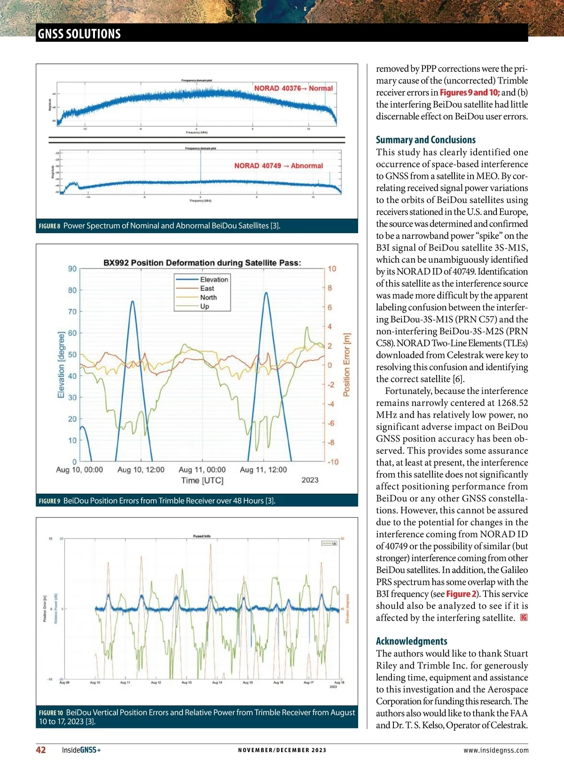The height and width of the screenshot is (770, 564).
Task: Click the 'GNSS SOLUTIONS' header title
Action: [x=79, y=34]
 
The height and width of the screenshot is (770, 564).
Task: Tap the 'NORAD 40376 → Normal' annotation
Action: [x=293, y=88]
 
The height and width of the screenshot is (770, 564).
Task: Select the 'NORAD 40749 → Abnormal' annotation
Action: [x=279, y=166]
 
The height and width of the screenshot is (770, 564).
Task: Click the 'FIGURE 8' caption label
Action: [x=49, y=226]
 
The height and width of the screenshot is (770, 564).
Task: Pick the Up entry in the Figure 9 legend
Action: [x=204, y=306]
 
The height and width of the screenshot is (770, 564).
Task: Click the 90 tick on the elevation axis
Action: [x=72, y=269]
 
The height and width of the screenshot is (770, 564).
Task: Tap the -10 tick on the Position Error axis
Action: [x=333, y=462]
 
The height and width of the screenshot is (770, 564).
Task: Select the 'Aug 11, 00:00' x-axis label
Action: [x=202, y=470]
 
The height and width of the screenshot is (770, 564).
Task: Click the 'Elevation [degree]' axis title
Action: [x=61, y=365]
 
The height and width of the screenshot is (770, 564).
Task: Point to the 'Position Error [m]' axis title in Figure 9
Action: [x=347, y=365]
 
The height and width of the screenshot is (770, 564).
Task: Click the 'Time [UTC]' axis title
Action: [x=202, y=480]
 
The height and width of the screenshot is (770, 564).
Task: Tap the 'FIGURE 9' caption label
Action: [x=49, y=501]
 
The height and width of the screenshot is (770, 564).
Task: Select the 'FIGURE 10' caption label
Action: [x=51, y=713]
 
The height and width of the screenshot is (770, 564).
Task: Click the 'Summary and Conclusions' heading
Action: [x=425, y=140]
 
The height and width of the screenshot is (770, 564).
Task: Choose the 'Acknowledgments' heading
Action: [x=411, y=641]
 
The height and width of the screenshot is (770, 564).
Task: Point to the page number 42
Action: [x=41, y=750]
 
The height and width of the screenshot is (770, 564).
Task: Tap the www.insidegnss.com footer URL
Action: [x=495, y=750]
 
